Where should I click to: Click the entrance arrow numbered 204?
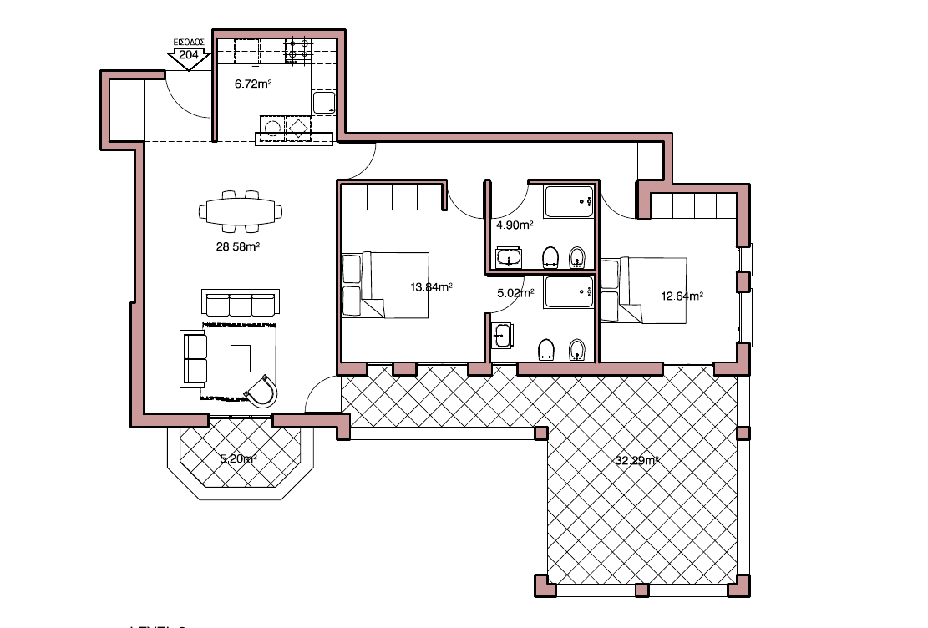(189, 57)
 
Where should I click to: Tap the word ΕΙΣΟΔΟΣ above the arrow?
(189, 41)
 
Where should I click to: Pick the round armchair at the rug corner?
(262, 391)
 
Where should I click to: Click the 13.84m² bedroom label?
(431, 286)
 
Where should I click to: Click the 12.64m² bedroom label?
(682, 296)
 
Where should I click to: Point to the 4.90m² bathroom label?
(514, 225)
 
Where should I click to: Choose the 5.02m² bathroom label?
(514, 293)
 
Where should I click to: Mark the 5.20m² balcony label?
(237, 458)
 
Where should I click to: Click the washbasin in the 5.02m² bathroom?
(503, 335)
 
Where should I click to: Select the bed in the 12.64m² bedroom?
(644, 290)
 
